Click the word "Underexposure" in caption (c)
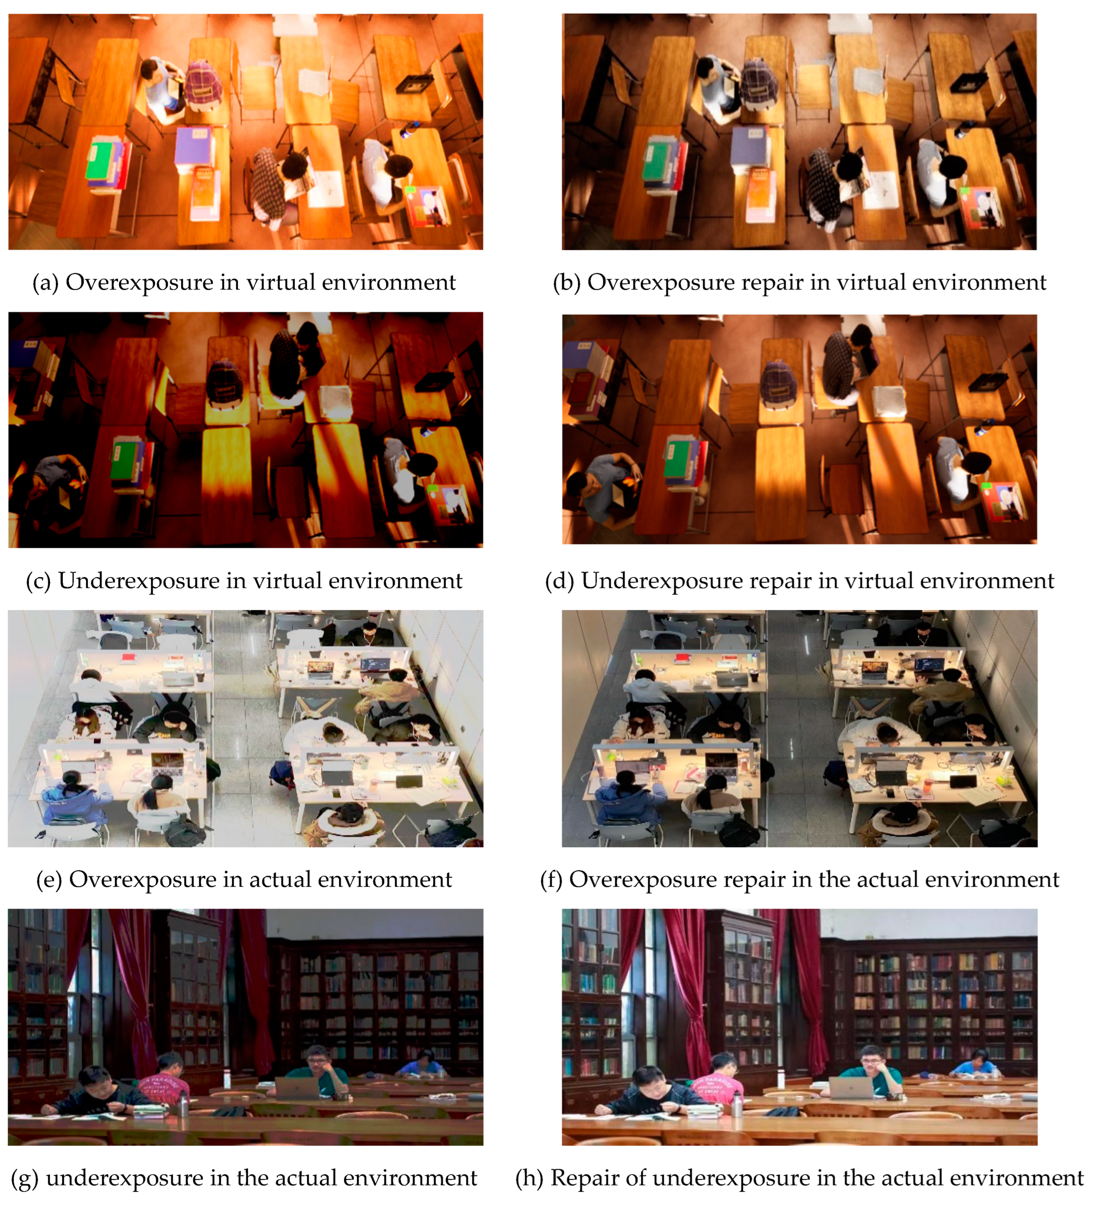click(x=139, y=581)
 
